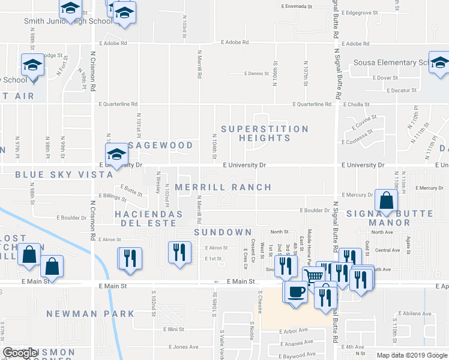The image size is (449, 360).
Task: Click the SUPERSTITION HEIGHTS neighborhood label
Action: (265, 133)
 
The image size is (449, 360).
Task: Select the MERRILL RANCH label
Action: (223, 187)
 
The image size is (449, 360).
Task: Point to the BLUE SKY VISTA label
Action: (64, 175)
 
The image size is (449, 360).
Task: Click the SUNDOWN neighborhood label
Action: (222, 232)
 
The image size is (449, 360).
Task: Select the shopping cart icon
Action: (315, 277)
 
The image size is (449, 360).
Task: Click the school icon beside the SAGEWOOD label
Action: (116, 152)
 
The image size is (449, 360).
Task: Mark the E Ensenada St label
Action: (297, 7)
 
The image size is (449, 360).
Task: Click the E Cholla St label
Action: (355, 104)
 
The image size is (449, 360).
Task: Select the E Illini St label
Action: (173, 329)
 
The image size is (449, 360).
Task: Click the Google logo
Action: (20, 353)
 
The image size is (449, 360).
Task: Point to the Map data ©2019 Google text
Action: (411, 355)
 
